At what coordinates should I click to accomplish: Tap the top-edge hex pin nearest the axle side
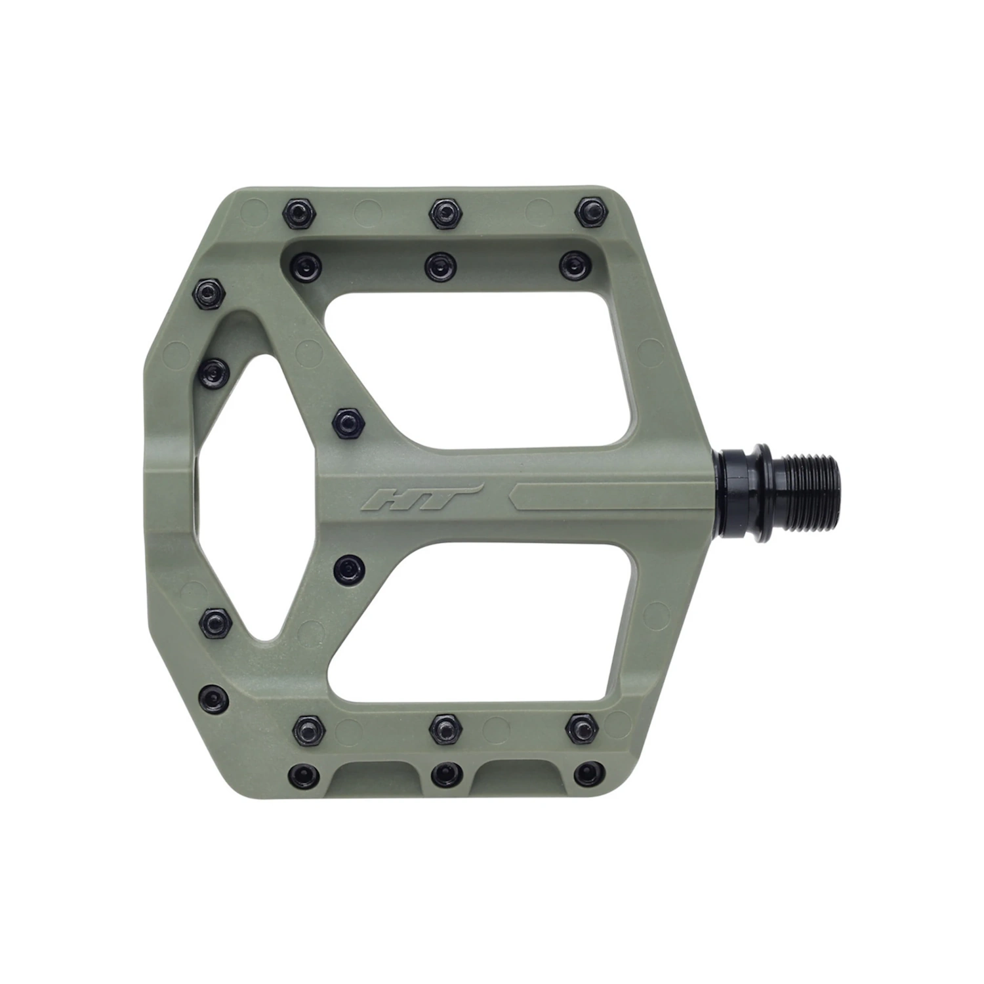(x=589, y=211)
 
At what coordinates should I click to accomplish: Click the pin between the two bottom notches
(x=445, y=775)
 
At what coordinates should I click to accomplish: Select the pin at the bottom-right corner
(x=588, y=774)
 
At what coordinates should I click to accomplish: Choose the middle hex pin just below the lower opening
(x=445, y=726)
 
